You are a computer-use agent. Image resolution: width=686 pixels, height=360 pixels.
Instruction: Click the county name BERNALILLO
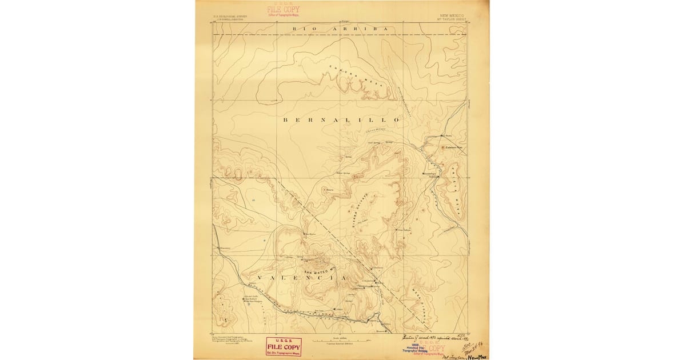pos(341,120)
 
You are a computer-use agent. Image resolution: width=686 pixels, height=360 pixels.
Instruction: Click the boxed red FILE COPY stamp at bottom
pos(284,346)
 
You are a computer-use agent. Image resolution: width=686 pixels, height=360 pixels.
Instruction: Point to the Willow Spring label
pos(342,173)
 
